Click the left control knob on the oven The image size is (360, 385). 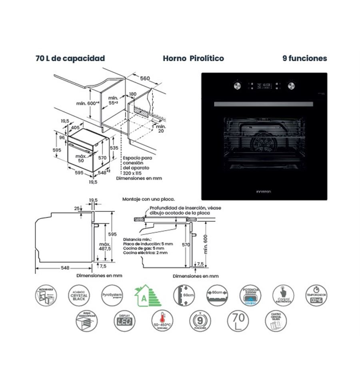click(237, 86)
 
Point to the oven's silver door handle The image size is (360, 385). click(264, 104)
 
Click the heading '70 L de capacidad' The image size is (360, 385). click(70, 58)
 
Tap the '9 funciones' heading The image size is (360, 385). click(304, 58)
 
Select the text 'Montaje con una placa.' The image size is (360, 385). click(148, 199)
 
